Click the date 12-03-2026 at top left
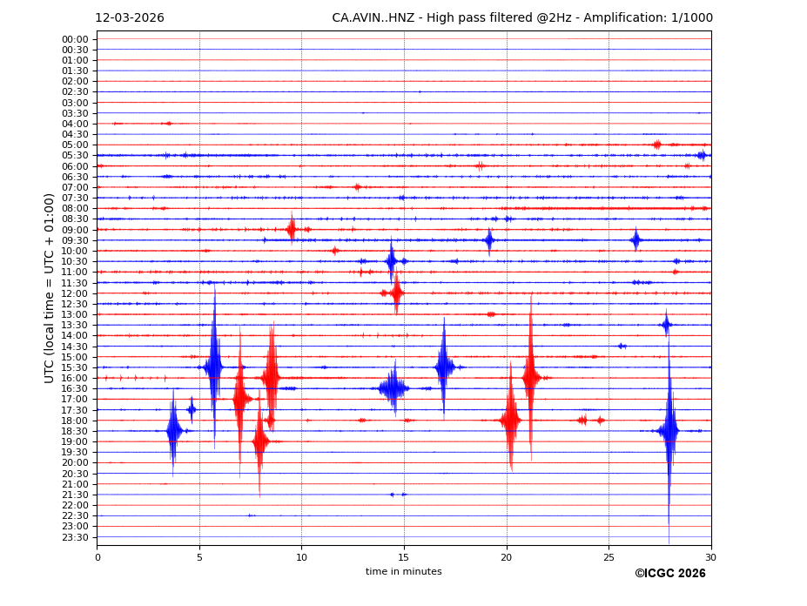click(x=129, y=18)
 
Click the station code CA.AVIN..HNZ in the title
click(x=373, y=18)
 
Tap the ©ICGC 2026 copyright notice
click(x=669, y=574)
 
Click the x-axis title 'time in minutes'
click(x=403, y=572)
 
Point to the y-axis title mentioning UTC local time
click(x=50, y=288)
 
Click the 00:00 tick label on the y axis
click(x=75, y=39)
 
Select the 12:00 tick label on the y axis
click(x=75, y=293)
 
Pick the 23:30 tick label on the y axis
click(x=75, y=537)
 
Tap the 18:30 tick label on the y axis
click(x=75, y=431)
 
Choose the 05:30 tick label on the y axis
click(x=75, y=156)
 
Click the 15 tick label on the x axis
click(x=404, y=557)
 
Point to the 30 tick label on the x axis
click(x=710, y=557)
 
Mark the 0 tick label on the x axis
click(x=98, y=557)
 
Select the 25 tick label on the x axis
click(x=609, y=557)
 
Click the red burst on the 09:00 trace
click(x=292, y=229)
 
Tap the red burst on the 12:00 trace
click(x=396, y=293)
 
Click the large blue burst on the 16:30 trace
click(x=393, y=388)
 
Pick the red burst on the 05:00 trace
click(x=657, y=145)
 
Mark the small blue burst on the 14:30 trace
click(x=622, y=346)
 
